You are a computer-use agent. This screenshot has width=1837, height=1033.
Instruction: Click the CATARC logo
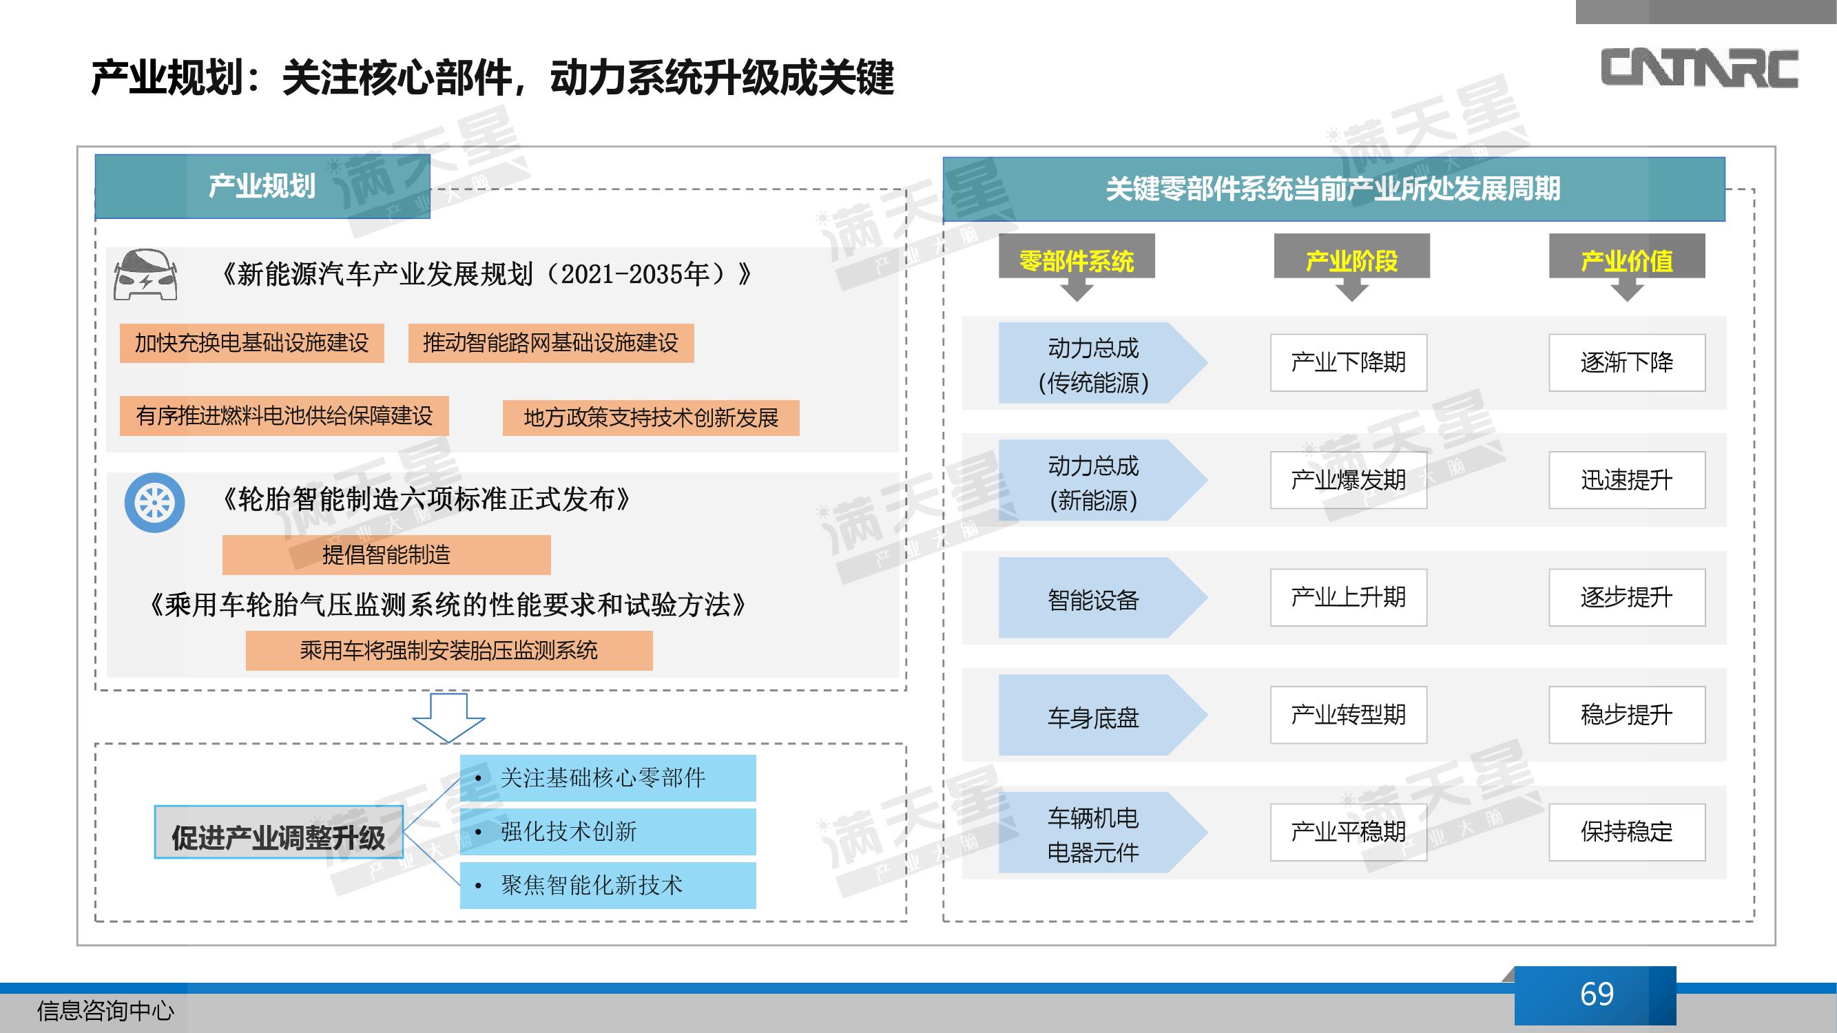coord(1699,69)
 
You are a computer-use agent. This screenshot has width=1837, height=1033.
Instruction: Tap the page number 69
coord(1597,994)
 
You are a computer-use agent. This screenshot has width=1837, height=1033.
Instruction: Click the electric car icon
coord(145,275)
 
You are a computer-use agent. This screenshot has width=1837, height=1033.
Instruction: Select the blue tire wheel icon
coord(155,503)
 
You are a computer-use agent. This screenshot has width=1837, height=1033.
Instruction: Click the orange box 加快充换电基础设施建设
coord(251,343)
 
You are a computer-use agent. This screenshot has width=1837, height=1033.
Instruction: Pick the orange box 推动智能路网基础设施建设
coord(550,343)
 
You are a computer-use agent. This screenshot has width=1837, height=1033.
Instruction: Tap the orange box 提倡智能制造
coord(386,554)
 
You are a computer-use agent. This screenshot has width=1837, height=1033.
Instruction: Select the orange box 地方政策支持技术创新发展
coord(651,418)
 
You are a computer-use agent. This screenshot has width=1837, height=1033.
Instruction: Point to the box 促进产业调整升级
coord(279,832)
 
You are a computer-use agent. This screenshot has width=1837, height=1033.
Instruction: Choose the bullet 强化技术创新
coord(608,831)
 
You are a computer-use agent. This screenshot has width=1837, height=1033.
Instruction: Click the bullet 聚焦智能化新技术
coord(608,886)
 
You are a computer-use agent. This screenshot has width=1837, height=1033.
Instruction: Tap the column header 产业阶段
coord(1351,261)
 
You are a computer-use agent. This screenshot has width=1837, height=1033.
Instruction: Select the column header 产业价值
coord(1627,261)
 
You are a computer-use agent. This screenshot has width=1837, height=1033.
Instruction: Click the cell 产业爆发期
coord(1349,480)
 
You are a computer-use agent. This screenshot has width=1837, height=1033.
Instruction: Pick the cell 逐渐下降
coord(1627,363)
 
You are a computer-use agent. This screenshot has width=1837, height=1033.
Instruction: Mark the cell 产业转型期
coord(1349,715)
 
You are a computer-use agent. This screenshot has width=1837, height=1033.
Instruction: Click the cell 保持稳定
coord(1627,832)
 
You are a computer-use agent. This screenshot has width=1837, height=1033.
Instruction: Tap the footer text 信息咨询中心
coord(105,1011)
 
